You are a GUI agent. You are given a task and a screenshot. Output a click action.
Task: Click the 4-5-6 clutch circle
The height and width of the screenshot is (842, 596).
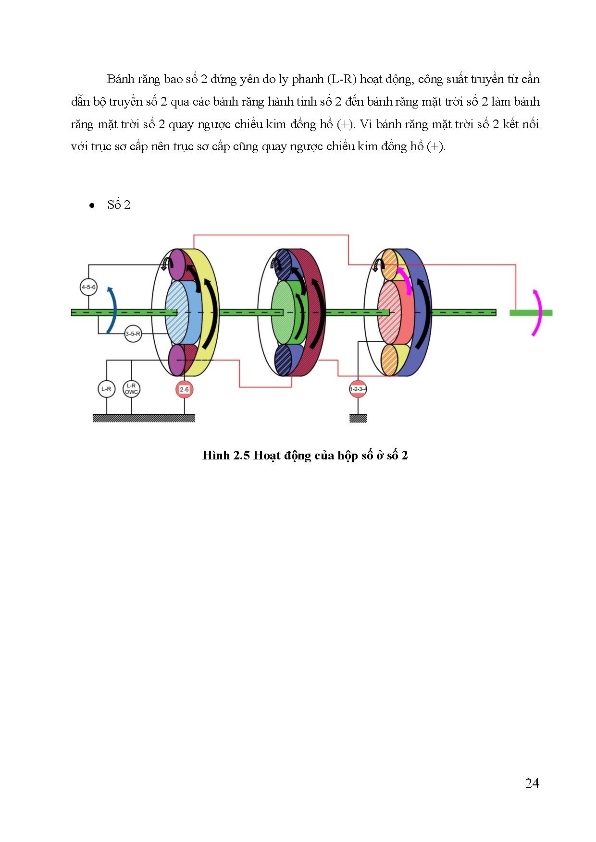(88, 287)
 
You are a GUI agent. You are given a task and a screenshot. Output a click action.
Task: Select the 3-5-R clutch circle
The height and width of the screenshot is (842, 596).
(133, 334)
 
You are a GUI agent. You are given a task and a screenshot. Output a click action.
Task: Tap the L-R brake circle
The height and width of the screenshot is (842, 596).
(106, 389)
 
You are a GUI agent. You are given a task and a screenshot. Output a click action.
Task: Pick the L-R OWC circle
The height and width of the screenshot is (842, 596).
(131, 389)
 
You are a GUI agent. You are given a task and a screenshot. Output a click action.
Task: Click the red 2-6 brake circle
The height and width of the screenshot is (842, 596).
(184, 389)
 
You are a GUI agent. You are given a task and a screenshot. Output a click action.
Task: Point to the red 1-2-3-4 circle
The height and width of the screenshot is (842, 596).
(358, 389)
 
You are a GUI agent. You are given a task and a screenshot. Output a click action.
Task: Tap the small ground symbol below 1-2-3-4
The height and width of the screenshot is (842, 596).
(358, 419)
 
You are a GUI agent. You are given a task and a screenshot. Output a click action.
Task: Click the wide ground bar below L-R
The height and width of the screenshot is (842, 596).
(144, 418)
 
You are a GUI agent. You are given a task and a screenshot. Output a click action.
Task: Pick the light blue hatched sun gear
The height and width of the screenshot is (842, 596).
(176, 313)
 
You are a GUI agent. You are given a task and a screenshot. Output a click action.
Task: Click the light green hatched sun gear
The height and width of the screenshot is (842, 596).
(283, 313)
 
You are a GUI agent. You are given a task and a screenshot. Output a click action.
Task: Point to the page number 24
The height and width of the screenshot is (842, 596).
(532, 783)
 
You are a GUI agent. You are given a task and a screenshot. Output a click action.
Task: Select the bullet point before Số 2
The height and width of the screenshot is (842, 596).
(92, 206)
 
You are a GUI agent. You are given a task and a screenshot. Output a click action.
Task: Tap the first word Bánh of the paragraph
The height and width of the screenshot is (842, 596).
(120, 79)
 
